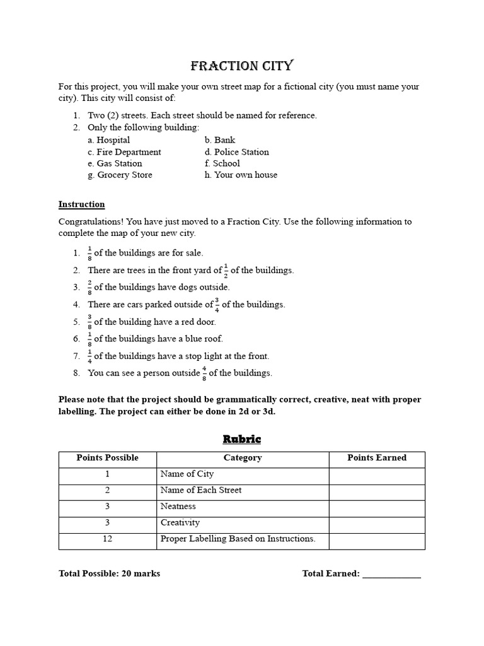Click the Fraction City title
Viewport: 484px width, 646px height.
[x=242, y=66]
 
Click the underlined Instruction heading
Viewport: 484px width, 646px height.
[x=81, y=204]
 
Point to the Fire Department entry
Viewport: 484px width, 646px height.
[x=124, y=152]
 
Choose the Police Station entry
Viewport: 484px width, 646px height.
[x=236, y=152]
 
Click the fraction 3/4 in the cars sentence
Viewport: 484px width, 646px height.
[x=217, y=304]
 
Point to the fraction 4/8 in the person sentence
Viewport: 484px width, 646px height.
[x=204, y=373]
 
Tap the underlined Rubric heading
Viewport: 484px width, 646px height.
[x=242, y=439]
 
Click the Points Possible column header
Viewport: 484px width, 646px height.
[x=107, y=458]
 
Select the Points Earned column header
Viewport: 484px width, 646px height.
[x=377, y=458]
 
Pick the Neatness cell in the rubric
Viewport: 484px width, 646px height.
[x=178, y=507]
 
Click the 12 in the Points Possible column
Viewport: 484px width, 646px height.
[x=107, y=539]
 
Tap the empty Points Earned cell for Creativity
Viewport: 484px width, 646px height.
[x=377, y=523]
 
